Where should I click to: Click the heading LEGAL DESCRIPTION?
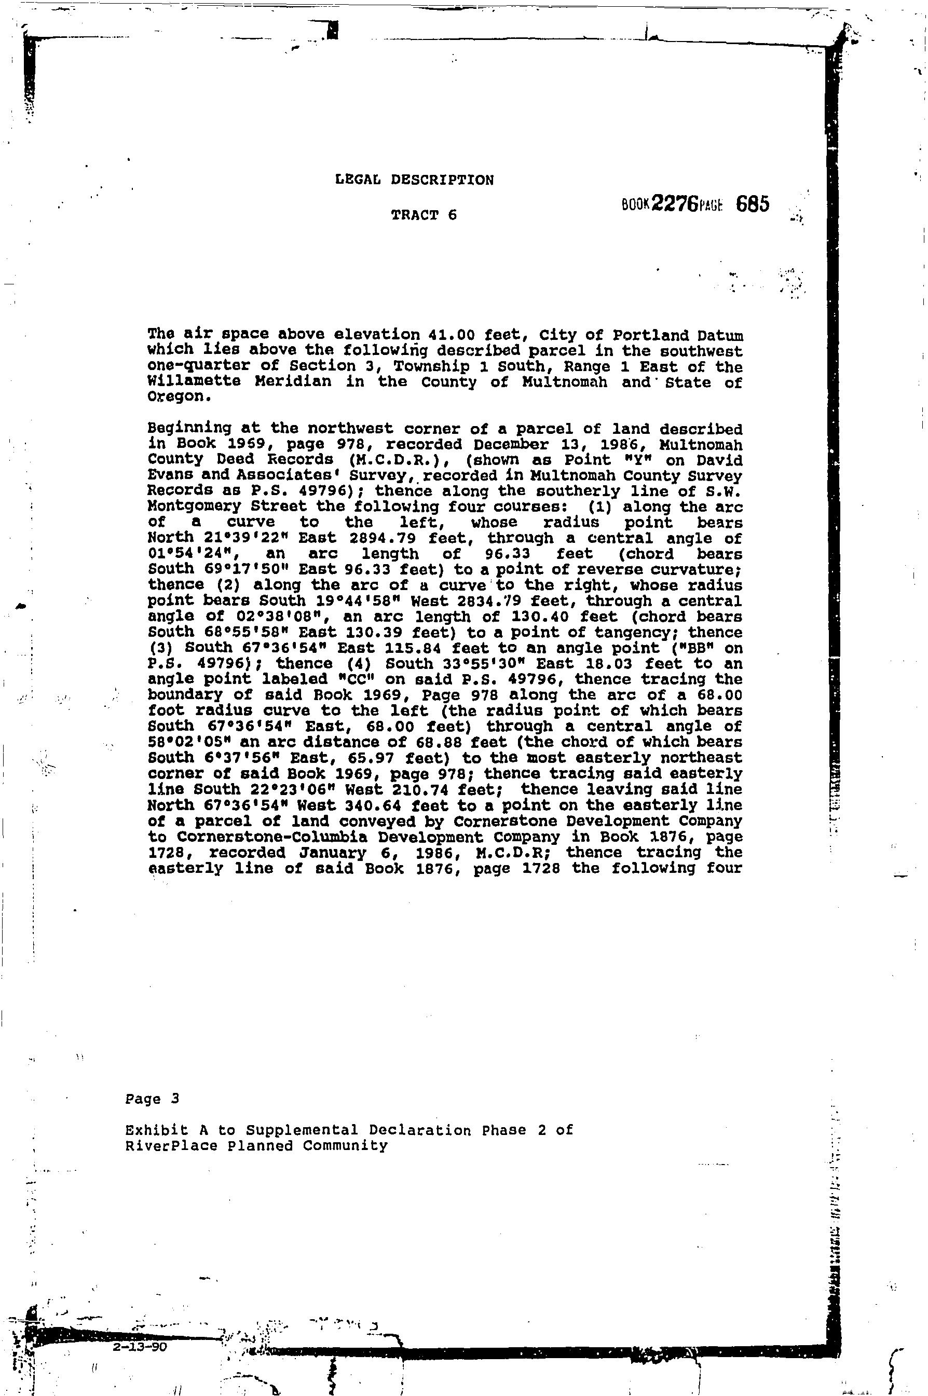[x=414, y=180]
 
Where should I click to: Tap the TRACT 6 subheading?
[x=424, y=215]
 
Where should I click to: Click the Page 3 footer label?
[x=152, y=1100]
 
